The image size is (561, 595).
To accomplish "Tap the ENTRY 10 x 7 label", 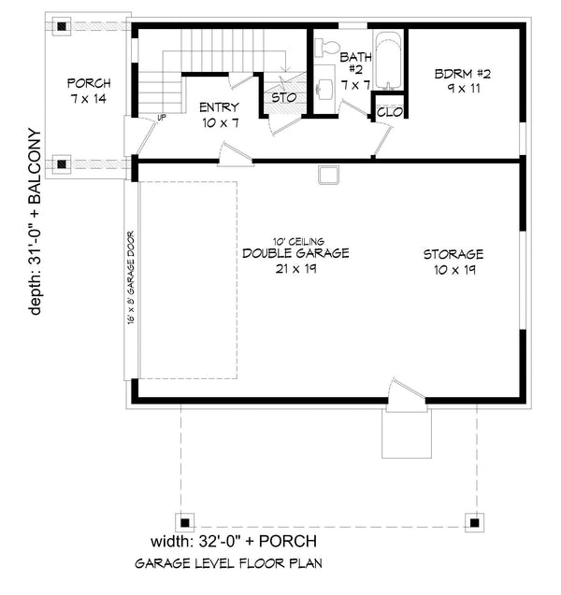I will [x=220, y=114].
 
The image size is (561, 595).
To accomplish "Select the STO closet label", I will [x=283, y=97].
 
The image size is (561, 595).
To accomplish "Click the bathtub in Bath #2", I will [x=388, y=60].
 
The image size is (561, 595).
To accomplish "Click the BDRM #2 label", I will [x=457, y=81].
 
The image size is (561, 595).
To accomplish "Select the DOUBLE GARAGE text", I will [x=295, y=253].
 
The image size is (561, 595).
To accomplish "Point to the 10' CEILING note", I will [x=295, y=241].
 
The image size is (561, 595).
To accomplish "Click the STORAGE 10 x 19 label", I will [x=453, y=261].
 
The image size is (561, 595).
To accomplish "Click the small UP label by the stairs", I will [x=162, y=118].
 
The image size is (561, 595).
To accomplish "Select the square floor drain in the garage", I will [x=327, y=174].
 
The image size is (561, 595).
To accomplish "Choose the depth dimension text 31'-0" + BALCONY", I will [x=36, y=221].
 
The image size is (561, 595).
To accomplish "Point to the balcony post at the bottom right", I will [x=474, y=522].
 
